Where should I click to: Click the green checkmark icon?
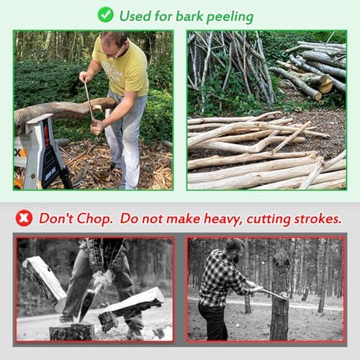[106, 14]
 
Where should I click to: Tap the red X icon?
[24, 218]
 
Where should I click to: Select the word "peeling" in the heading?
[230, 17]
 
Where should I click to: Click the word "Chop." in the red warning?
[95, 219]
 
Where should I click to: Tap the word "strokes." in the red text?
[318, 219]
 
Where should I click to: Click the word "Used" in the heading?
[135, 16]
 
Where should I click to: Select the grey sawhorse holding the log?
[41, 151]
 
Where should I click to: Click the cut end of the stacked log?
[326, 86]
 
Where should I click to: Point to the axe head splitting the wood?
[85, 305]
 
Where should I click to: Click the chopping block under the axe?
[71, 332]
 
